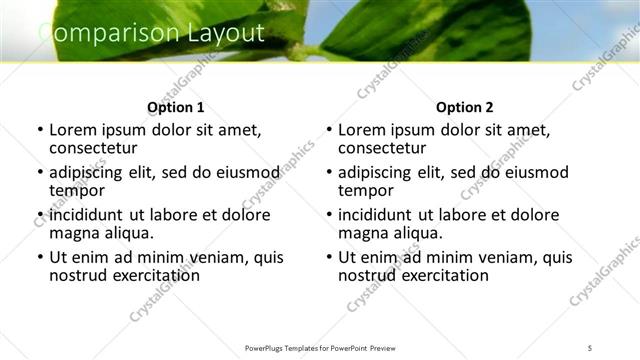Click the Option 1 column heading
(175, 107)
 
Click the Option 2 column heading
(464, 107)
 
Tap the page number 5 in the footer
(590, 347)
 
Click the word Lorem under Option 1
(73, 130)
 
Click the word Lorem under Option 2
(362, 130)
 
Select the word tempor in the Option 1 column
(77, 190)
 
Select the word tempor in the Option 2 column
(366, 190)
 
